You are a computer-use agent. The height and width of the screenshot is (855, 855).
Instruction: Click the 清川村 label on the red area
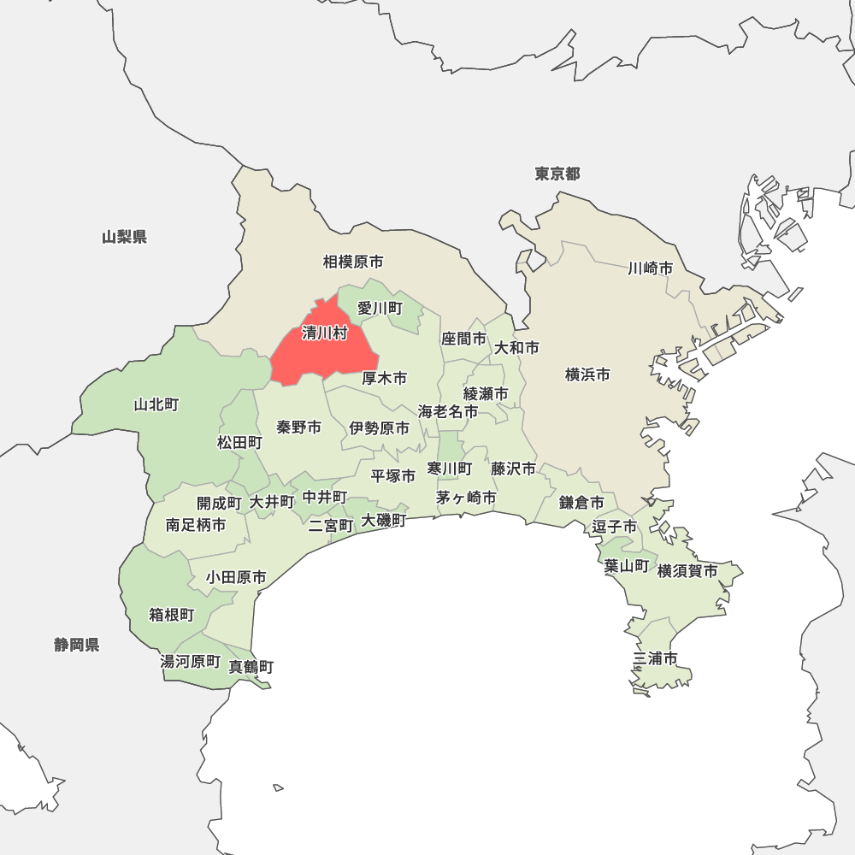click(x=325, y=333)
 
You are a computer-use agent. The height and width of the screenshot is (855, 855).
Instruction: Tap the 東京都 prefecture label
click(x=557, y=174)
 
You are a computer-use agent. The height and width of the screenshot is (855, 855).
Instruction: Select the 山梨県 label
click(x=124, y=237)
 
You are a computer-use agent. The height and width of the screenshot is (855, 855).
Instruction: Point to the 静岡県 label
click(x=77, y=645)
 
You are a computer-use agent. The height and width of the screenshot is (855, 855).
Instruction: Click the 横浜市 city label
click(x=588, y=374)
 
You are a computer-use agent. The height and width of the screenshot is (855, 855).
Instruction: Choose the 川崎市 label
click(x=650, y=268)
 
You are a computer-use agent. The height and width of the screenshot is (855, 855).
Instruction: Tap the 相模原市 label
click(x=353, y=262)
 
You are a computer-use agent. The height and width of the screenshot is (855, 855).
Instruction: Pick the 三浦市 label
click(x=656, y=658)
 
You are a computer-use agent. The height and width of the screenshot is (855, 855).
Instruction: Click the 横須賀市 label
click(x=687, y=571)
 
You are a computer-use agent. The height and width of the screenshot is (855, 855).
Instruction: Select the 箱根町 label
click(x=172, y=615)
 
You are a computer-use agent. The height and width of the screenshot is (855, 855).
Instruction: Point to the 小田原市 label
click(x=235, y=578)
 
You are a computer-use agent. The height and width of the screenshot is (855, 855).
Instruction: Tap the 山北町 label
click(x=156, y=404)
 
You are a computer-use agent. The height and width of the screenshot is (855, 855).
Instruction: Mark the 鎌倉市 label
click(x=582, y=503)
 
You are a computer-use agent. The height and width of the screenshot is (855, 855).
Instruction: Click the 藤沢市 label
click(x=514, y=469)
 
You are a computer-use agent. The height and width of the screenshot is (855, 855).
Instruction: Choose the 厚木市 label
click(x=384, y=378)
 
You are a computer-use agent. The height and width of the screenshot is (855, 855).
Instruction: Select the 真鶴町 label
click(x=251, y=667)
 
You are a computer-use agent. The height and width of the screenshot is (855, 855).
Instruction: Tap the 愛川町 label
click(x=380, y=308)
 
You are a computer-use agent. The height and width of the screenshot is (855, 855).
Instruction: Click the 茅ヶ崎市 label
click(x=466, y=497)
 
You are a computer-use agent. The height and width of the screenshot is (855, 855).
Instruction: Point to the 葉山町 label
click(x=626, y=565)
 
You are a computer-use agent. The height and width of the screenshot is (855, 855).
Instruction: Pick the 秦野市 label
click(x=299, y=427)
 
